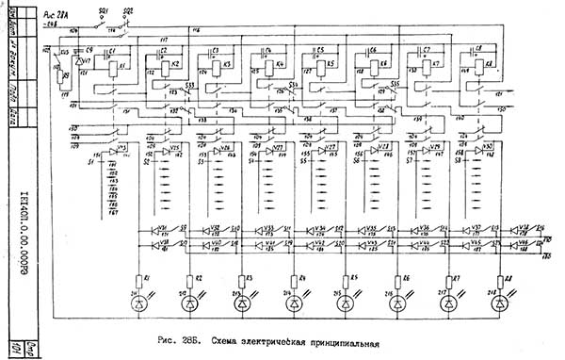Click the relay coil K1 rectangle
114,66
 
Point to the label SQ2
129,8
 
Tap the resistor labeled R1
138,279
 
